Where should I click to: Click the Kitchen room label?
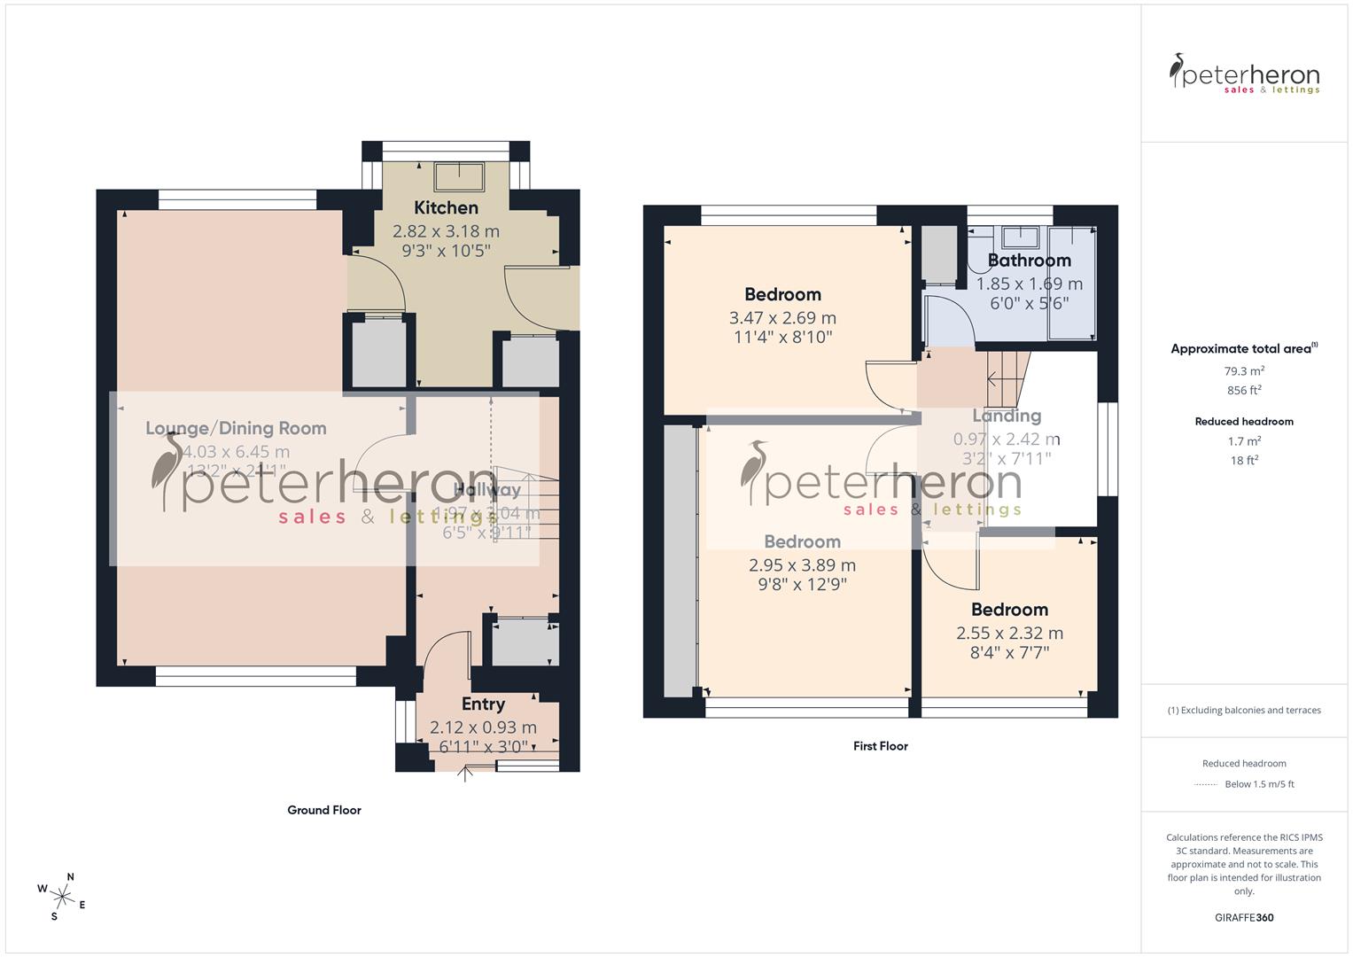point(446,207)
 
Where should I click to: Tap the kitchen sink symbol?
point(458,175)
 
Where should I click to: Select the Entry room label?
point(483,704)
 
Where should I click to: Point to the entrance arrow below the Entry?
point(465,775)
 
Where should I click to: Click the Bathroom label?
point(1029,260)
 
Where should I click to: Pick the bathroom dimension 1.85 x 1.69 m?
point(1029,284)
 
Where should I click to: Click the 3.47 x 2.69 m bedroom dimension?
point(781,317)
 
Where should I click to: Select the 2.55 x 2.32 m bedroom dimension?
point(1009,633)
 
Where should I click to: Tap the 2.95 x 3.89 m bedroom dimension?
point(802,564)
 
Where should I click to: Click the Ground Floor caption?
point(323,810)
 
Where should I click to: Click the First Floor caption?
point(880,746)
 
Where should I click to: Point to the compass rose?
point(62,895)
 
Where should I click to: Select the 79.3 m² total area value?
point(1244,371)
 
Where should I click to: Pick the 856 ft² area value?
point(1244,390)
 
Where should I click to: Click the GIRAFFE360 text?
point(1244,917)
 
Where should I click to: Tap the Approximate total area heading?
point(1242,348)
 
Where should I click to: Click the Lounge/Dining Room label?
point(236,428)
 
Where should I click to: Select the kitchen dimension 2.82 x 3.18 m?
point(446,231)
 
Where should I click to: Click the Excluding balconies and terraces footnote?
point(1244,710)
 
